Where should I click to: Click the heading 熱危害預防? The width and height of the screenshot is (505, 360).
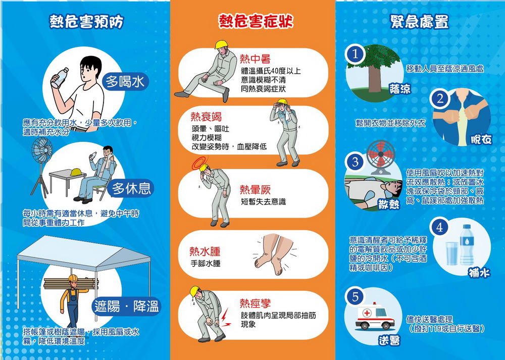pyautogui.click(x=86, y=22)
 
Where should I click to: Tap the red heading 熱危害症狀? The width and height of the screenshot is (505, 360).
pyautogui.click(x=256, y=22)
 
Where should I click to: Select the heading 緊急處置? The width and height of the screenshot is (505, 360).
pyautogui.click(x=419, y=22)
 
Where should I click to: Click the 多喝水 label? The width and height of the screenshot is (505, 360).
pyautogui.click(x=125, y=81)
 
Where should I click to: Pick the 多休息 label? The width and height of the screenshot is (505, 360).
pyautogui.click(x=131, y=188)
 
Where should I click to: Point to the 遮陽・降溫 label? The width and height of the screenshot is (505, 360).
pyautogui.click(x=127, y=305)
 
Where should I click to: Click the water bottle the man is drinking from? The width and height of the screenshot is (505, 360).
pyautogui.click(x=60, y=78)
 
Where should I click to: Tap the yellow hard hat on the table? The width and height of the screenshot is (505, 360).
pyautogui.click(x=76, y=172)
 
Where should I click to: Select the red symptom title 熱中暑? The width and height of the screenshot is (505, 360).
pyautogui.click(x=256, y=59)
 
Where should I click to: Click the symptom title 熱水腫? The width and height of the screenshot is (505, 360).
pyautogui.click(x=205, y=251)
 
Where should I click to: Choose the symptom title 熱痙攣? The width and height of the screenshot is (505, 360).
pyautogui.click(x=256, y=303)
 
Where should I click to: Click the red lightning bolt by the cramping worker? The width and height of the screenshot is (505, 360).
pyautogui.click(x=226, y=318)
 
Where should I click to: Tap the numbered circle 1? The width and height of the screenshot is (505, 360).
pyautogui.click(x=355, y=54)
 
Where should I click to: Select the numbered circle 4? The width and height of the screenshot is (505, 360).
pyautogui.click(x=440, y=228)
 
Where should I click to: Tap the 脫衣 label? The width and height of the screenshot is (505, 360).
pyautogui.click(x=481, y=139)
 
